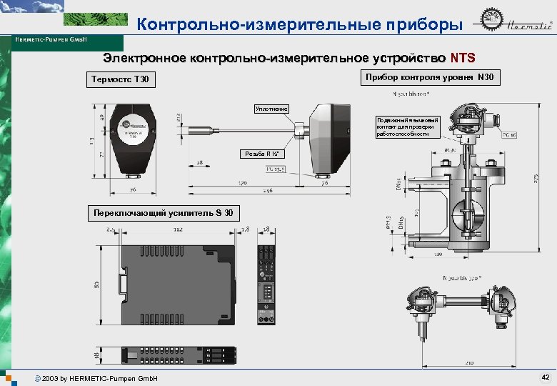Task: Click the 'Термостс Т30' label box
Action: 120,79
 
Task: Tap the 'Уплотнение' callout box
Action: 271,109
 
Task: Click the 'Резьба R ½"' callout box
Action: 264,154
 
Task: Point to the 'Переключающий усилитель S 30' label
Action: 163,213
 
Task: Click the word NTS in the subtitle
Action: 462,57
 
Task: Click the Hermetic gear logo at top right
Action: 492,26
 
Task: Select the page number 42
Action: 545,377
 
